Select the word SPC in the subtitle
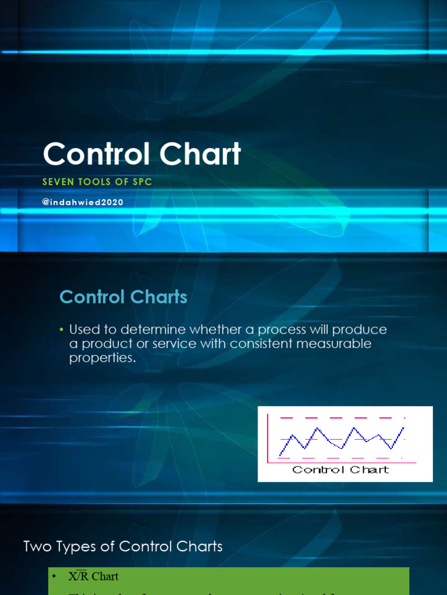pyautogui.click(x=142, y=182)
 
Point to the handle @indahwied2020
pyautogui.click(x=83, y=203)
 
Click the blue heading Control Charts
pyautogui.click(x=123, y=297)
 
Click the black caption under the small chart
pyautogui.click(x=340, y=469)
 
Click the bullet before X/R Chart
pyautogui.click(x=55, y=576)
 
